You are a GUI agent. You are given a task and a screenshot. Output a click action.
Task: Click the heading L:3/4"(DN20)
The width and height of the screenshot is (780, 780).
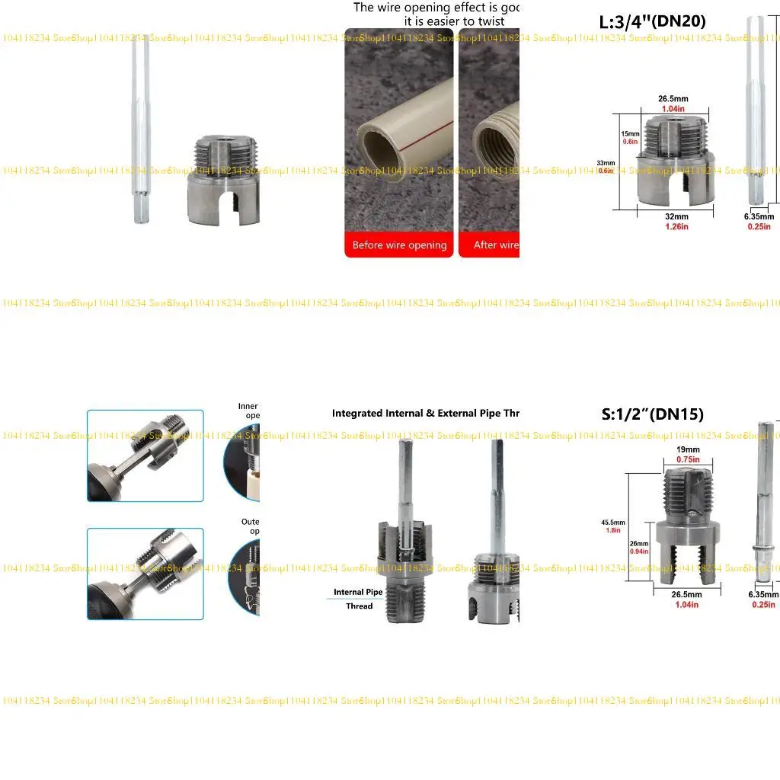(653, 22)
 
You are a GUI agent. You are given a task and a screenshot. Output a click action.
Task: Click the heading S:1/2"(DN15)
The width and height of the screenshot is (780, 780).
(652, 414)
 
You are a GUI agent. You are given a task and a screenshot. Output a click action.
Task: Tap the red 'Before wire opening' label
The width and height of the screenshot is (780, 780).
(399, 245)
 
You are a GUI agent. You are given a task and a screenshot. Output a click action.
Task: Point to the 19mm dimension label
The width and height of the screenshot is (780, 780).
(688, 449)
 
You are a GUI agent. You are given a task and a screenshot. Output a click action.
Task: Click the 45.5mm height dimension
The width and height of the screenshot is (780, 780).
(613, 523)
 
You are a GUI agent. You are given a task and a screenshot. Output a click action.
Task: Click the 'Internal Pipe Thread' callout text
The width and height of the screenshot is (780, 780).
(358, 599)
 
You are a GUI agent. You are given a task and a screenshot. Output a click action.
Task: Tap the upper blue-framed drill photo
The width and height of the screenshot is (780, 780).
(145, 456)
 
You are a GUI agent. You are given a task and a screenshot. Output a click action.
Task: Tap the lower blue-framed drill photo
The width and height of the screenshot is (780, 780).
(145, 574)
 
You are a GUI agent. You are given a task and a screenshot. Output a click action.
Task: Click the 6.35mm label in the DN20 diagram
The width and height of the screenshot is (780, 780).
(758, 216)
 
